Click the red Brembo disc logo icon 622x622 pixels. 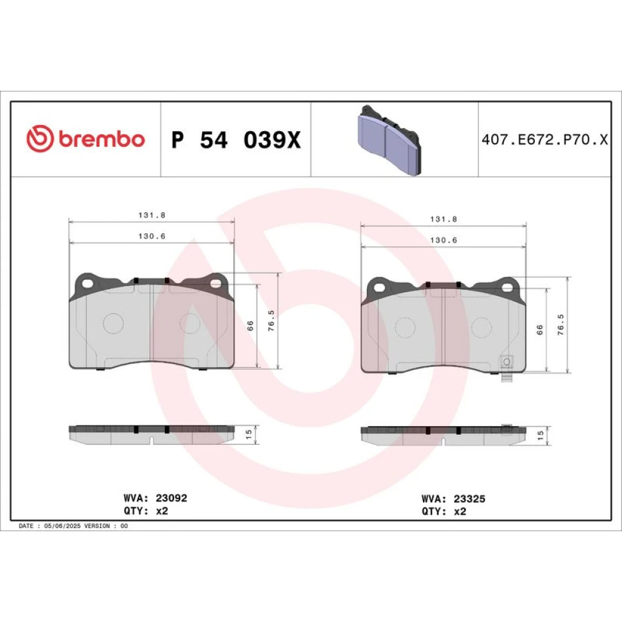click(40, 139)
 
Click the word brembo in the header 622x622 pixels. click(102, 139)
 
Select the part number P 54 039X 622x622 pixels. click(236, 139)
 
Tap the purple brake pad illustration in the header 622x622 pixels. click(389, 141)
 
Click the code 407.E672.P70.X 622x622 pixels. click(545, 139)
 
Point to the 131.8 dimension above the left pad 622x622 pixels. click(152, 215)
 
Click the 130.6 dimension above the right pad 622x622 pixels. click(443, 240)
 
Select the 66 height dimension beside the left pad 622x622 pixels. click(250, 326)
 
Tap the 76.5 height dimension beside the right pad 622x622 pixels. click(560, 325)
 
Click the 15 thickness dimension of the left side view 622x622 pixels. click(249, 434)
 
